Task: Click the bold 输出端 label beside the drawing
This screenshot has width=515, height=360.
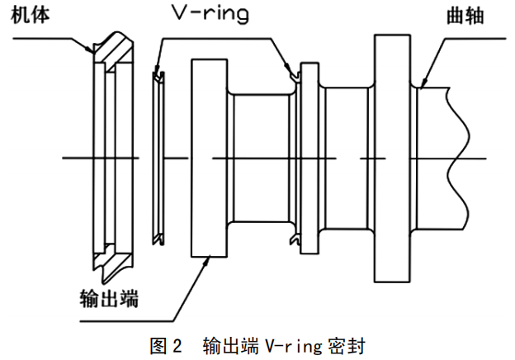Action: [x=106, y=298]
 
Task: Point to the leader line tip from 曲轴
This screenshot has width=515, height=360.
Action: [x=421, y=86]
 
